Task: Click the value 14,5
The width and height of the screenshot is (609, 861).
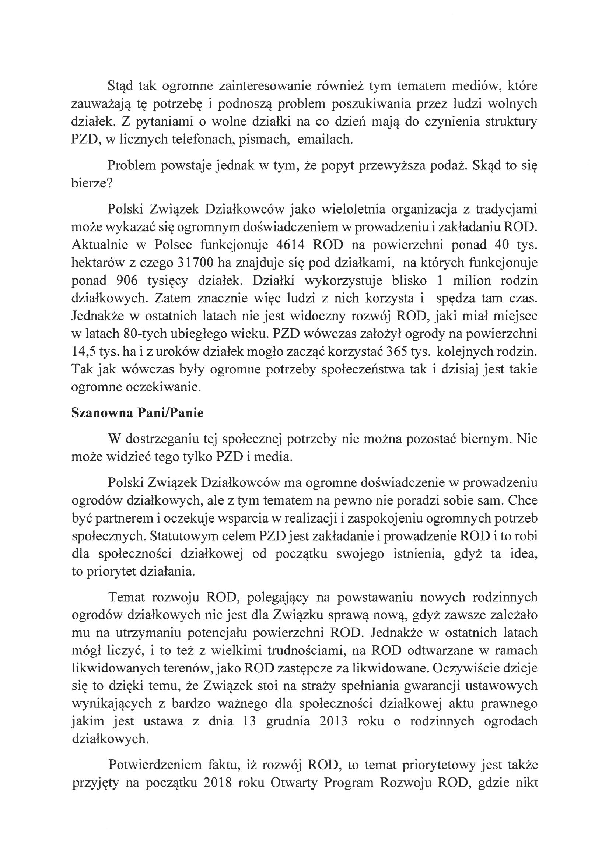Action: [x=83, y=352]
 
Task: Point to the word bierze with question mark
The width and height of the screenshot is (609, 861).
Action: [x=92, y=184]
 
